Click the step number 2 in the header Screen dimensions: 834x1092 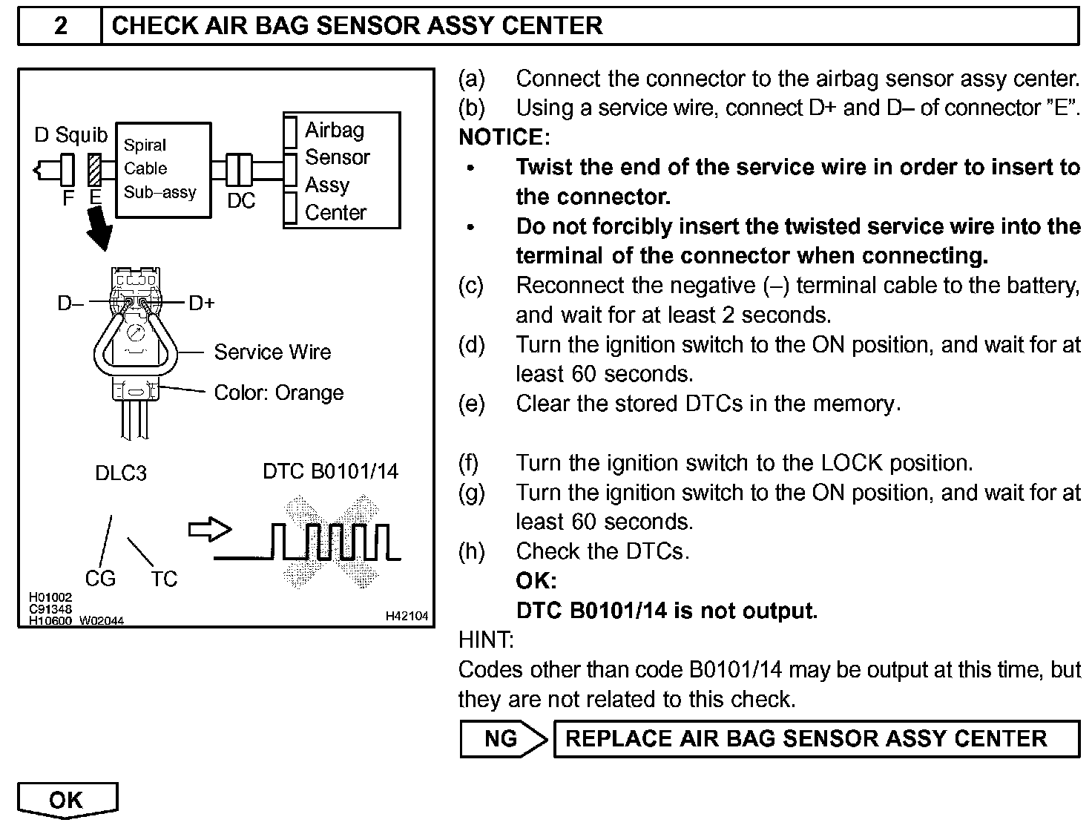(60, 26)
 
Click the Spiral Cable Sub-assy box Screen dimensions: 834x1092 (163, 169)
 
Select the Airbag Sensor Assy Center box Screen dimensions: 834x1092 (342, 170)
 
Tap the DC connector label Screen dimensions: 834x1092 (241, 201)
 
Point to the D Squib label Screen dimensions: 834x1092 (70, 135)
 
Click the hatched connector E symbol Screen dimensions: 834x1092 (94, 169)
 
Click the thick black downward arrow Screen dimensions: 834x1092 (99, 230)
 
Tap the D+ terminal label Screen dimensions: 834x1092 (202, 303)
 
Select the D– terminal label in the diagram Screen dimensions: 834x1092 (70, 303)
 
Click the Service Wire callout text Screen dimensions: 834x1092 (272, 352)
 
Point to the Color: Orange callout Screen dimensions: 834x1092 (278, 393)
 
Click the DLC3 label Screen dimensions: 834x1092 (121, 473)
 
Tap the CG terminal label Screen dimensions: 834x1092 (100, 579)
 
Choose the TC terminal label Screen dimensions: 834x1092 (164, 579)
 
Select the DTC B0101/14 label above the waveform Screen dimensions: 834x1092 (330, 471)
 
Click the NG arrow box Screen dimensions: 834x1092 (503, 738)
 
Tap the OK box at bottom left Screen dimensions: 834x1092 (67, 800)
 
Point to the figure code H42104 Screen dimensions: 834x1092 (407, 616)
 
